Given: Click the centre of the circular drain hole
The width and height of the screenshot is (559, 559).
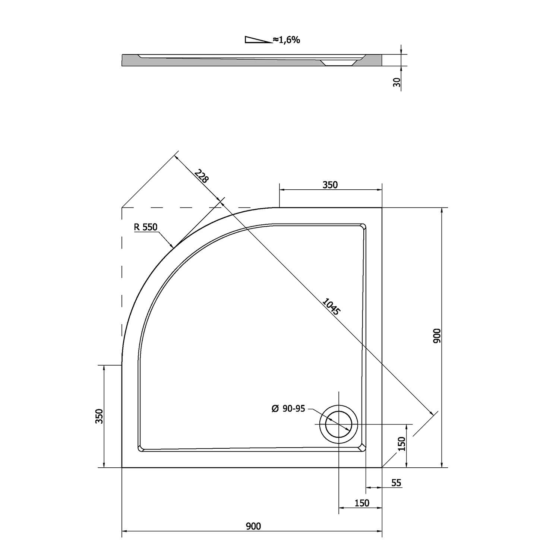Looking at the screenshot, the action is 338,424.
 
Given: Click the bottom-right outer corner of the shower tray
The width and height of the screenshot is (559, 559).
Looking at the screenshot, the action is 382,467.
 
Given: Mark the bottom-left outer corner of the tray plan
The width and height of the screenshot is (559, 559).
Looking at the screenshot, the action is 122,467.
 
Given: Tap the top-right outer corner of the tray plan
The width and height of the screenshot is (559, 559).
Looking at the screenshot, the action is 382,207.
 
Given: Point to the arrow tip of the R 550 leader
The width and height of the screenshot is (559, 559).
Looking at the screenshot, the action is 174,248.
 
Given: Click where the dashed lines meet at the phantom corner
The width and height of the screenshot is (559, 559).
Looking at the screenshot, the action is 122,207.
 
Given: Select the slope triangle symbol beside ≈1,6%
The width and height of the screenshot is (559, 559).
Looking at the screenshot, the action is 258,40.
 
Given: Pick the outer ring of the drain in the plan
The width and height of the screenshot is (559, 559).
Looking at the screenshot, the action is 338,424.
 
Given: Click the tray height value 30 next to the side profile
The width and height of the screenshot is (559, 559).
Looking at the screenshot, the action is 397,82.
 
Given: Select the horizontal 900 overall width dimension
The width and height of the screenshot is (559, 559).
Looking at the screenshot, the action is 252,531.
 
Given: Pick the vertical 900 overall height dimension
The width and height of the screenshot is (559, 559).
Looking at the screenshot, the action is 442,337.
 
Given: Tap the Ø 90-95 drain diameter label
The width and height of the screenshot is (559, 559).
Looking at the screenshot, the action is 288,409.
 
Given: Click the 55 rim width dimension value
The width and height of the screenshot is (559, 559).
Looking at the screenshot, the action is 396,483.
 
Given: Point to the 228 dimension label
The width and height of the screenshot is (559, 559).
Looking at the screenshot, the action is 202,176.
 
